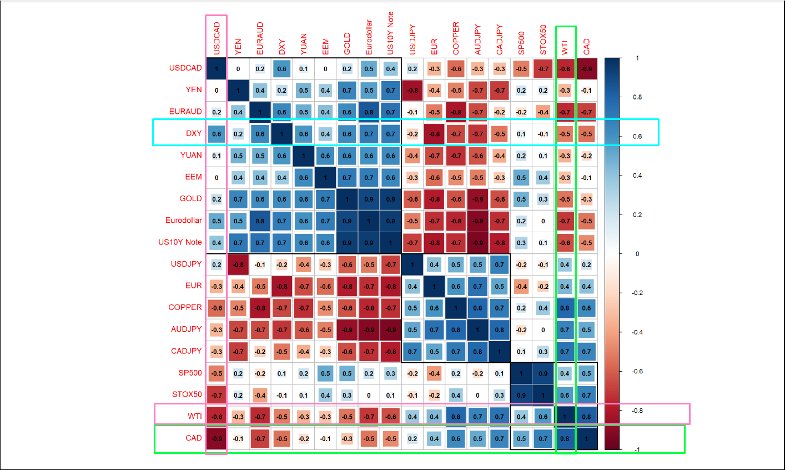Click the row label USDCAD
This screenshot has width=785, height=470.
coord(185,68)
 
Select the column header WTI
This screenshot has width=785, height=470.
coord(565,47)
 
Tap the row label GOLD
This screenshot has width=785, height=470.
coord(190,198)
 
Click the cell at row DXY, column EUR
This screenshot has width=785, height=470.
coord(434,134)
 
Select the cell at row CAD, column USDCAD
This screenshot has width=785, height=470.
coord(217,438)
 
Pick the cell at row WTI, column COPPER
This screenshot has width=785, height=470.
coord(456,417)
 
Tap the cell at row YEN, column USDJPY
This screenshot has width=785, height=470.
coord(412,90)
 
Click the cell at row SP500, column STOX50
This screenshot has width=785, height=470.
coord(543,373)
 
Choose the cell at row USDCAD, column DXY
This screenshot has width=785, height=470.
coord(282,69)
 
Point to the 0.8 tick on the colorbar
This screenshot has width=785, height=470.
coord(637,97)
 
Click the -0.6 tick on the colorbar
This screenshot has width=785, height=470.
coord(638,371)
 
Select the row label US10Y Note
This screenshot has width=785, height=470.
coord(180,242)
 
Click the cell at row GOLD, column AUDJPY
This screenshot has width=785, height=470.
coord(477,199)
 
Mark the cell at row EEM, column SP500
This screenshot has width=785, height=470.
coord(521,178)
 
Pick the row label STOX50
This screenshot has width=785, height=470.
coord(187,394)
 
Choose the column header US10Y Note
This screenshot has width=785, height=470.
coord(390,33)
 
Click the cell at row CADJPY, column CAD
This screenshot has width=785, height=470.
coord(586,352)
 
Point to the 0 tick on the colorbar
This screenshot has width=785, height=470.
coord(637,254)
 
